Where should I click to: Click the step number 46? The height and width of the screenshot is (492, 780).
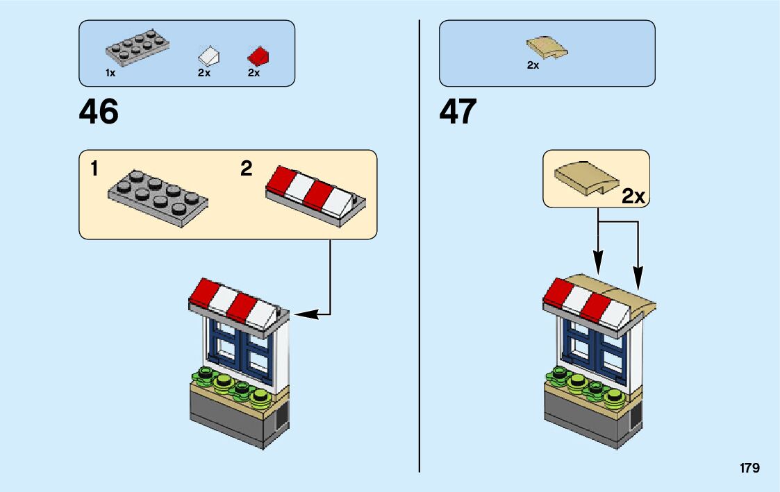point(99,112)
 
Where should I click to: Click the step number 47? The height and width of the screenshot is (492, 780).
point(458,112)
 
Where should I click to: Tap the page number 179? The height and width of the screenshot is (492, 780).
point(749,468)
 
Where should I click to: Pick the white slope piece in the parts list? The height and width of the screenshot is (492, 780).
point(209,55)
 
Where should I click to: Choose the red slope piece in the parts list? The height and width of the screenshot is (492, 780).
point(258,55)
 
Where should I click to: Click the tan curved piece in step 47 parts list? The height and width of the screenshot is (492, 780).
point(547,49)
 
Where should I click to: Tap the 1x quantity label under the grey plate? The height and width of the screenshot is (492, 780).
point(110,73)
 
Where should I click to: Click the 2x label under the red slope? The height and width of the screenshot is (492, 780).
point(254,73)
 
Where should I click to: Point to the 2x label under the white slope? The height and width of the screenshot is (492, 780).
point(204,73)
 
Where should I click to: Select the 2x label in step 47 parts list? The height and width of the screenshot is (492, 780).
point(533,65)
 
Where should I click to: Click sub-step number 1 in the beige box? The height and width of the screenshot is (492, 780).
point(94,169)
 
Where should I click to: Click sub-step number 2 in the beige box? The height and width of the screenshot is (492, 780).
point(246,169)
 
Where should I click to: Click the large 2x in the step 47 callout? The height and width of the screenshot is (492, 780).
point(633,196)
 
